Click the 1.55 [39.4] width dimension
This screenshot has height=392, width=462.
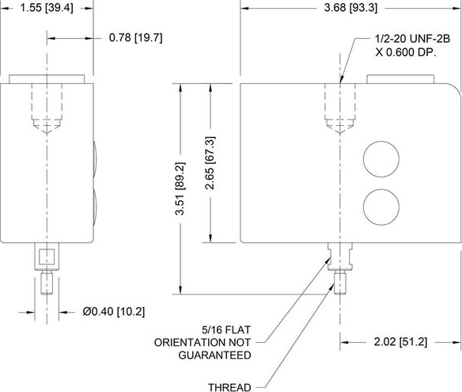(47, 8)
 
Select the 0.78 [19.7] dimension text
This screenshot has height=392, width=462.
(135, 38)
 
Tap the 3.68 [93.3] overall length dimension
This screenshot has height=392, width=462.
(350, 8)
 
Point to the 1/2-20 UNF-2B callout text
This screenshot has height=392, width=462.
(412, 39)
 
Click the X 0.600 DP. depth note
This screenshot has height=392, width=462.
(405, 52)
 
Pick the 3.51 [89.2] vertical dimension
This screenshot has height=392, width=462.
(180, 188)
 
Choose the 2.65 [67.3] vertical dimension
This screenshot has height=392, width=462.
(210, 163)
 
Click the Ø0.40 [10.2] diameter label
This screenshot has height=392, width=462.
(114, 311)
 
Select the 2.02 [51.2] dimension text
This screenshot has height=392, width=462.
(400, 342)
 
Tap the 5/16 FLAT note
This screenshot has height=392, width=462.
(226, 329)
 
